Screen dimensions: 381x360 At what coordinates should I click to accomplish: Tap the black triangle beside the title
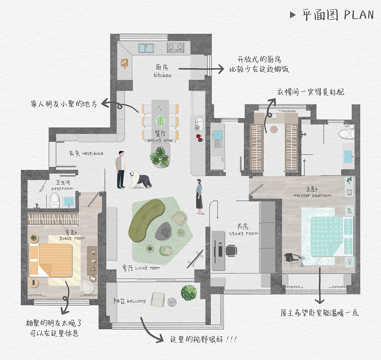293,15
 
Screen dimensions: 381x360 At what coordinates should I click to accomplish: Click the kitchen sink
146,48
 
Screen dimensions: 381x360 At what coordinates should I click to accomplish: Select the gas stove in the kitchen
175,48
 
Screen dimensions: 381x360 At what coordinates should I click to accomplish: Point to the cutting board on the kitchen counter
124,63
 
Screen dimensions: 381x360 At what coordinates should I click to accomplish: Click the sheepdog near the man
140,179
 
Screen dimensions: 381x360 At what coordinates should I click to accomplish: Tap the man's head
121,154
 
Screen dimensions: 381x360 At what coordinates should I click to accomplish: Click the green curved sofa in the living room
146,220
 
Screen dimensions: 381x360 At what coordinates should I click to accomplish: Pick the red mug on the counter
199,136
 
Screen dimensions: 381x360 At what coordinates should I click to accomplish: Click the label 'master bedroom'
313,196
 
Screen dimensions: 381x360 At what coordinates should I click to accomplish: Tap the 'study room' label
244,234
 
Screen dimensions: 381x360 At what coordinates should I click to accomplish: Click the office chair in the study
231,251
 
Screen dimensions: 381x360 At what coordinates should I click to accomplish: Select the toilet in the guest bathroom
55,201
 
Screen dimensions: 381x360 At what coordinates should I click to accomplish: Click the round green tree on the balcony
189,293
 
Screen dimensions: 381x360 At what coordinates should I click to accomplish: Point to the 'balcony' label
136,301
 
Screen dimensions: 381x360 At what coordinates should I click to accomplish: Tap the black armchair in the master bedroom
291,261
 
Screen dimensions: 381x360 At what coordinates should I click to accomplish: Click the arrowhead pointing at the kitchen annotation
221,69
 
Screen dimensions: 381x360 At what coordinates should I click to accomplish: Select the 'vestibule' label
93,153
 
